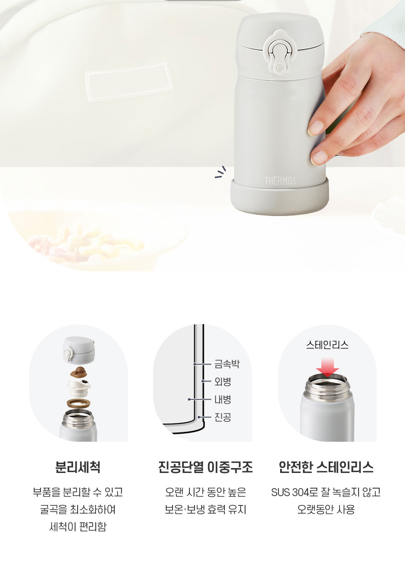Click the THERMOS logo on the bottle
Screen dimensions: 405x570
[x=280, y=181]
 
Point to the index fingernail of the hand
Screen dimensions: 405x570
[x=316, y=127]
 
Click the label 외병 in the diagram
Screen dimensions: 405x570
[x=223, y=381]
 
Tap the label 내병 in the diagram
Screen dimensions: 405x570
[x=223, y=400]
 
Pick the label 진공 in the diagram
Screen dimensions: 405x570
[x=223, y=417]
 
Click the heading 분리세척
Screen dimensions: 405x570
[x=78, y=467]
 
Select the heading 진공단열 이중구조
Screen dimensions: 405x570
[x=205, y=467]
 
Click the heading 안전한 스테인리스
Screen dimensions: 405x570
[x=326, y=467]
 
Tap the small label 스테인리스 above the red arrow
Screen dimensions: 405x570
[x=327, y=345]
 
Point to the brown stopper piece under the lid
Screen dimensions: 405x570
[x=78, y=372]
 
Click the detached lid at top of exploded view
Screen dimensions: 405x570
[x=79, y=350]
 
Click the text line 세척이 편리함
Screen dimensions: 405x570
[x=78, y=527]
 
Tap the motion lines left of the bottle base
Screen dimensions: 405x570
[x=220, y=172]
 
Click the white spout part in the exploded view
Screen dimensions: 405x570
[x=78, y=387]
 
